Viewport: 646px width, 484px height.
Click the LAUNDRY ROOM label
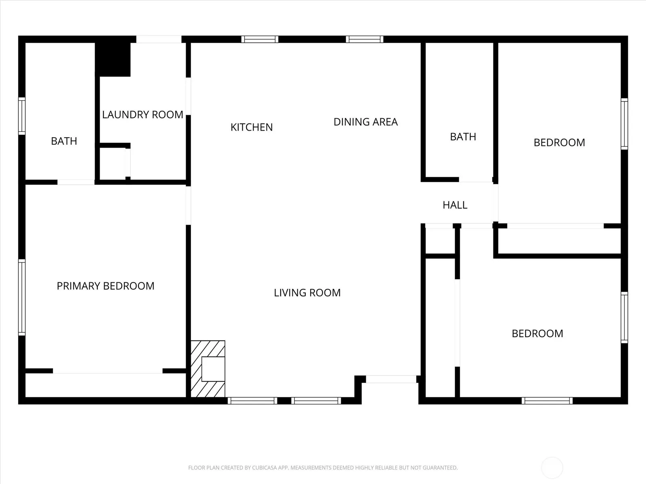(x=143, y=115)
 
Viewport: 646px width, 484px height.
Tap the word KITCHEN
(x=252, y=127)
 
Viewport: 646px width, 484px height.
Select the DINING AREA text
(x=365, y=122)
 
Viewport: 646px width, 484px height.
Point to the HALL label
(x=455, y=205)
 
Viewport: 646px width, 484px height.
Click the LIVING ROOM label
(x=307, y=293)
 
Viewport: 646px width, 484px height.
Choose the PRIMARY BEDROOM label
(x=105, y=286)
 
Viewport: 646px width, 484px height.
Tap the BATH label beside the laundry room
(x=64, y=141)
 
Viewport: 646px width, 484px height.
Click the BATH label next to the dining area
(x=463, y=137)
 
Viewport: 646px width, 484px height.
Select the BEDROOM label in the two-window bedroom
(x=537, y=334)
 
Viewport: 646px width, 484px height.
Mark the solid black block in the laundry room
(x=113, y=60)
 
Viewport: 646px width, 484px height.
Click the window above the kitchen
(x=260, y=39)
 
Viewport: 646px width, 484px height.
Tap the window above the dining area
(x=365, y=39)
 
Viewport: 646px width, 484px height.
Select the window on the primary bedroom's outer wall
(x=22, y=297)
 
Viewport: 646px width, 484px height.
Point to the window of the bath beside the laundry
(x=22, y=116)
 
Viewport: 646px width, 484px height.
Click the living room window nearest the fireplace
(x=252, y=401)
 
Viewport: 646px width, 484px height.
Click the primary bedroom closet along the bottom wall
(x=105, y=385)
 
